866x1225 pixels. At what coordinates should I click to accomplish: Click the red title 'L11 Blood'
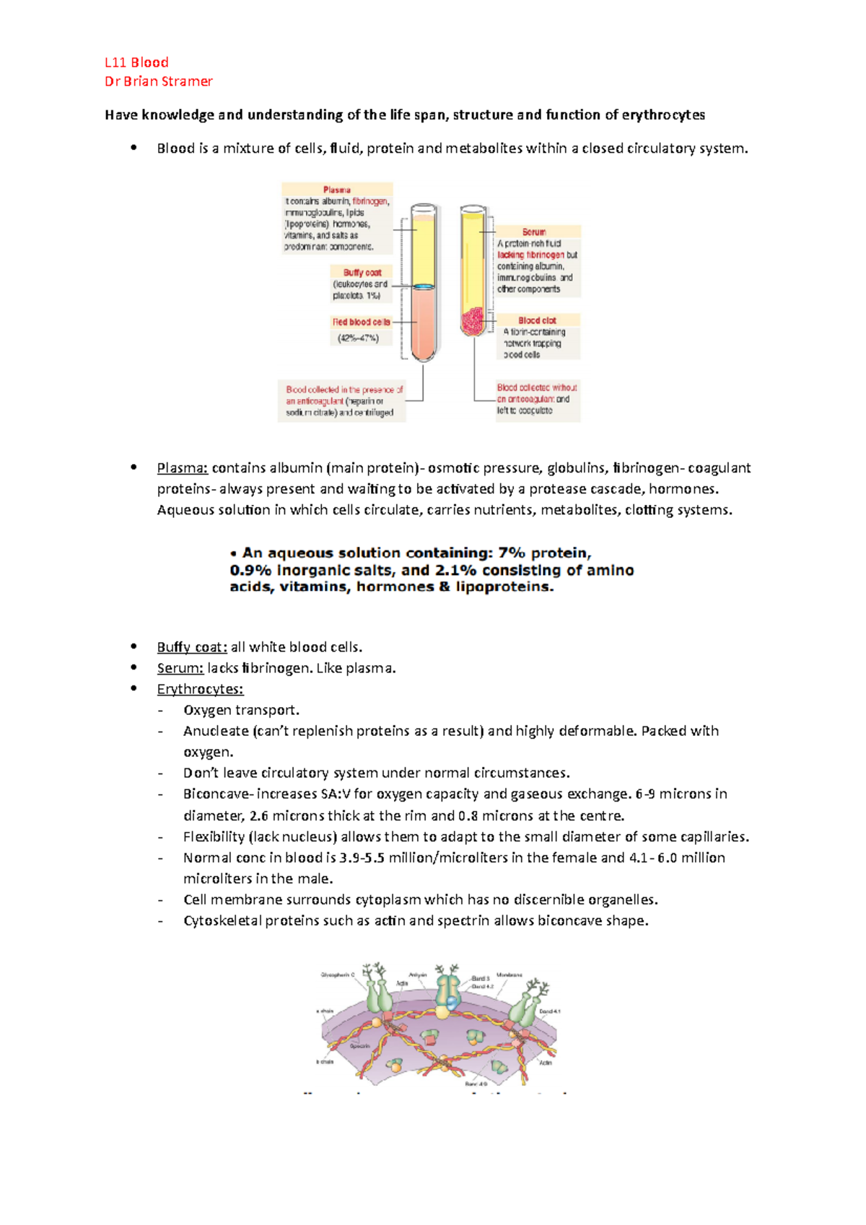click(136, 62)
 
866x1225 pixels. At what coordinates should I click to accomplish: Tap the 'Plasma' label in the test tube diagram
click(337, 190)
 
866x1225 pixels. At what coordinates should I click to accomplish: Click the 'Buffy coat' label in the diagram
click(362, 273)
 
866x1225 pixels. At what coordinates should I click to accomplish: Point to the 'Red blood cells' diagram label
click(361, 322)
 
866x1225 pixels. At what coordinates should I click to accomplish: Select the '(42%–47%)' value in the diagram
click(358, 338)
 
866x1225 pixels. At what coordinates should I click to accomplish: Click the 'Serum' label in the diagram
click(534, 232)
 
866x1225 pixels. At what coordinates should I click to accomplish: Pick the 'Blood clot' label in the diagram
click(537, 320)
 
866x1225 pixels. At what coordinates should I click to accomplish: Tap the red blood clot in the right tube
click(473, 321)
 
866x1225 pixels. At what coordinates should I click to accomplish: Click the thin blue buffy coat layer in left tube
click(424, 286)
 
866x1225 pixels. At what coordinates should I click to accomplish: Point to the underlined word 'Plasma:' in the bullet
click(183, 468)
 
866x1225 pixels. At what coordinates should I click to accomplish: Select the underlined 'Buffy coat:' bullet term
click(192, 647)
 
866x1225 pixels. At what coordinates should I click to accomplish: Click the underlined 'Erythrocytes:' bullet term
click(200, 689)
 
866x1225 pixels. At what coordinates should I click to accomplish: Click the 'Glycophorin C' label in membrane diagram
click(338, 975)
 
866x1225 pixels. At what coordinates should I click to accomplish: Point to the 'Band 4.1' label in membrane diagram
click(549, 1011)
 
